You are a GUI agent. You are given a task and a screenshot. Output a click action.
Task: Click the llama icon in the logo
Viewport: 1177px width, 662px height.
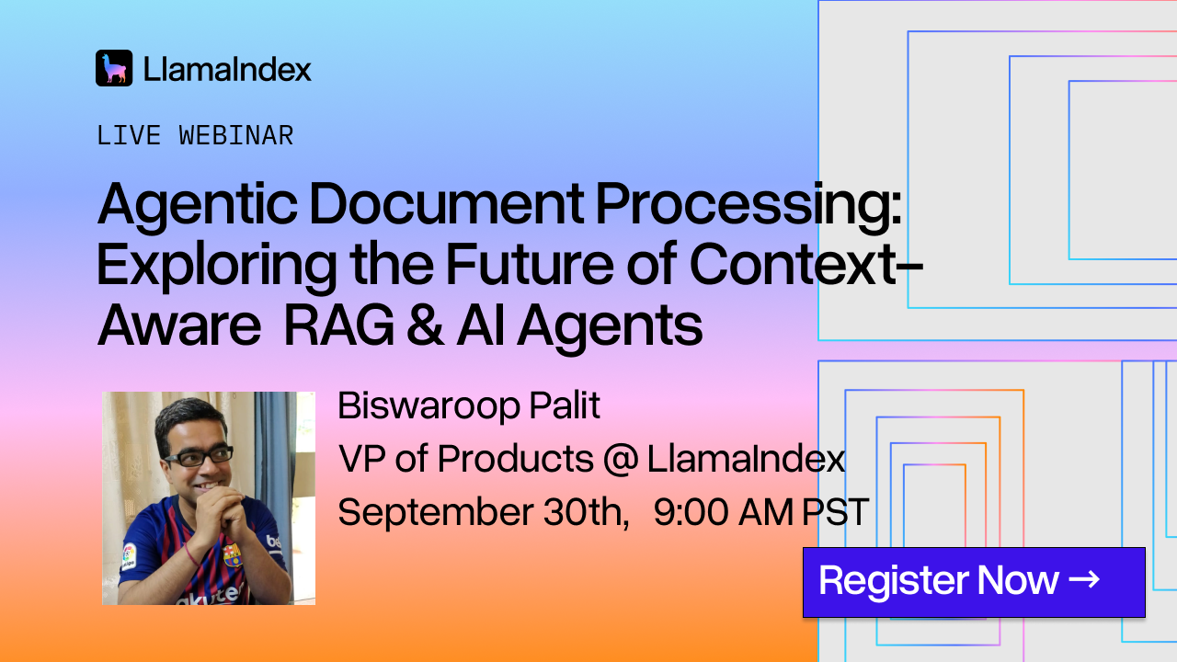point(114,68)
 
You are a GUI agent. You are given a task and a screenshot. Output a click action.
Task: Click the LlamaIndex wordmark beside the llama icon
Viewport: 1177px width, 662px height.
point(227,69)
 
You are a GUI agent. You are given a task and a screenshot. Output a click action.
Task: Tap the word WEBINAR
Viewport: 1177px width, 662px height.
point(236,135)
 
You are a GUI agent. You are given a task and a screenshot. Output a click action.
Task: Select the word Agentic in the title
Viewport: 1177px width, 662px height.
point(198,206)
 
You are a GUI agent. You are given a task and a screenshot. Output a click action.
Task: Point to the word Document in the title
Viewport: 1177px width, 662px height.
point(447,204)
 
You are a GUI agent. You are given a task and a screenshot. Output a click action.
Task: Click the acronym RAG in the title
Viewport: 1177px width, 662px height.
point(339,325)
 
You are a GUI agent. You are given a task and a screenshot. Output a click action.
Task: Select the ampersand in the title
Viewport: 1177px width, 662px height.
point(425,325)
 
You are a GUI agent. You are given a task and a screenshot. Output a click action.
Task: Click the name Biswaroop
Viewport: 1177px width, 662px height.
point(429,407)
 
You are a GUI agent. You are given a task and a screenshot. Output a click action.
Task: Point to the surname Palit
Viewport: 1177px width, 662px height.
point(565,405)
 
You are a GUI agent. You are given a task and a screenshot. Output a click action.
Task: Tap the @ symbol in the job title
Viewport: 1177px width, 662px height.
point(621,460)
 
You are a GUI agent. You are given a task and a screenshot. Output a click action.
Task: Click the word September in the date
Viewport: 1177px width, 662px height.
point(436,513)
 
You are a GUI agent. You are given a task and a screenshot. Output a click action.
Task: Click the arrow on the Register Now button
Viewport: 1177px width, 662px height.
point(1084,579)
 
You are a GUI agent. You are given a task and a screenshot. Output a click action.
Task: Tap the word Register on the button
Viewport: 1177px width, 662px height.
point(893,582)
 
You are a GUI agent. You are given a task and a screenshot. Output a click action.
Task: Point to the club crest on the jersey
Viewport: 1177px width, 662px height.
point(233,554)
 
